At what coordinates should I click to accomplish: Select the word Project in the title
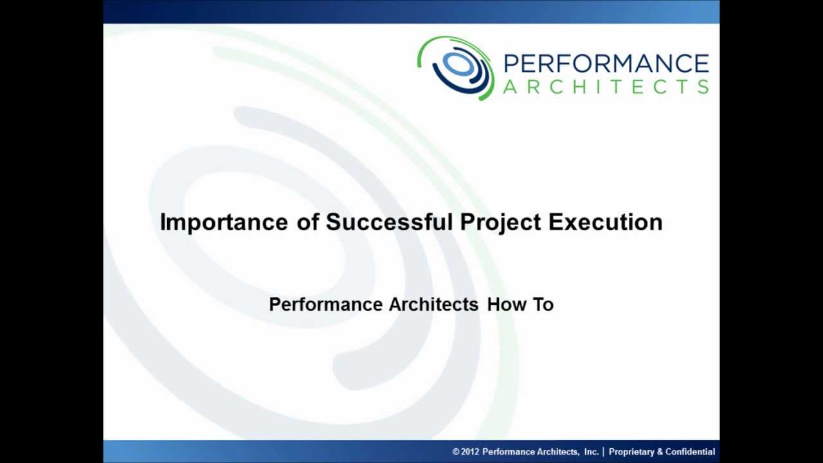(500, 222)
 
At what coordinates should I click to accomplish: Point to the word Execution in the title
(605, 222)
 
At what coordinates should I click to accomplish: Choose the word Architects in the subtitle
(433, 304)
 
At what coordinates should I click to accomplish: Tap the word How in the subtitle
(507, 304)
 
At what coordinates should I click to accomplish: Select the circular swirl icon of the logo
(456, 67)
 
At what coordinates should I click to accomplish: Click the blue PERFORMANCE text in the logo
(606, 64)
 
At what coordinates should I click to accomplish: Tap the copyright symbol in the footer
(456, 452)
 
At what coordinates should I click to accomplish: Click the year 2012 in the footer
(470, 452)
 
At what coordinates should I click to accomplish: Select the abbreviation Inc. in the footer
(592, 452)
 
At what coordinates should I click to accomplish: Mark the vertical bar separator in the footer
(603, 452)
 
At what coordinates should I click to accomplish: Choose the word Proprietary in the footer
(631, 452)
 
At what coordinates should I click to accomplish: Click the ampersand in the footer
(660, 452)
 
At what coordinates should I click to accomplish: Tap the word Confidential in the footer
(690, 452)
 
